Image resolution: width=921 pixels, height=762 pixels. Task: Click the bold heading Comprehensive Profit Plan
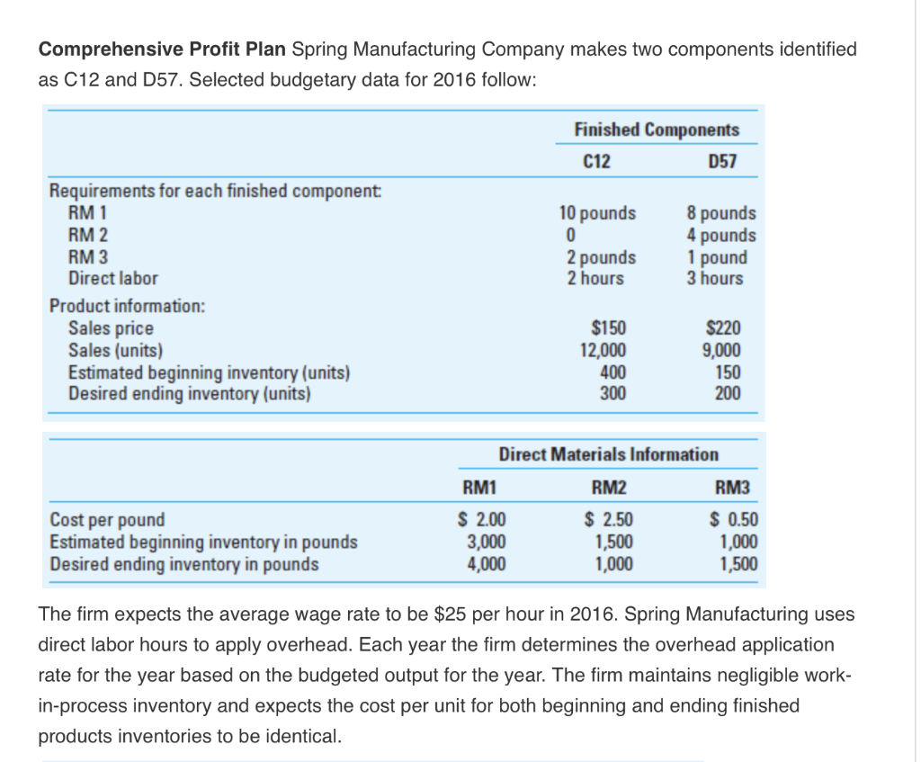(x=163, y=49)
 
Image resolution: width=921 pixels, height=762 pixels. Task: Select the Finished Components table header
(x=656, y=130)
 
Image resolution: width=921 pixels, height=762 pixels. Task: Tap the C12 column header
(x=596, y=162)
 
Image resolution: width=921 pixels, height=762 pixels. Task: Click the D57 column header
(x=722, y=162)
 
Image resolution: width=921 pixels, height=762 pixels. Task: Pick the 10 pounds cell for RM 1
(x=597, y=214)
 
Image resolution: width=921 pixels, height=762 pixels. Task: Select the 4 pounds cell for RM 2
(x=721, y=236)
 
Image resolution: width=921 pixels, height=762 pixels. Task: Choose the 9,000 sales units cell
(x=722, y=351)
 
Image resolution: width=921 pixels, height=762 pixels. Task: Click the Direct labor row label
(x=113, y=279)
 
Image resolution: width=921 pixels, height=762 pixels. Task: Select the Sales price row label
(x=111, y=329)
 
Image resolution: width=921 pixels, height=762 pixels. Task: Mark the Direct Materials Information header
(x=608, y=454)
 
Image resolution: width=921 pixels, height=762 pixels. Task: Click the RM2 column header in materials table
(x=609, y=489)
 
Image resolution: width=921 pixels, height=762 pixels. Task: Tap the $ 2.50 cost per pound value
(x=609, y=520)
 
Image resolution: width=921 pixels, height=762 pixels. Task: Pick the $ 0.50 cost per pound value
(x=734, y=520)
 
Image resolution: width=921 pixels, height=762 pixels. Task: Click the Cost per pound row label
(x=108, y=520)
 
